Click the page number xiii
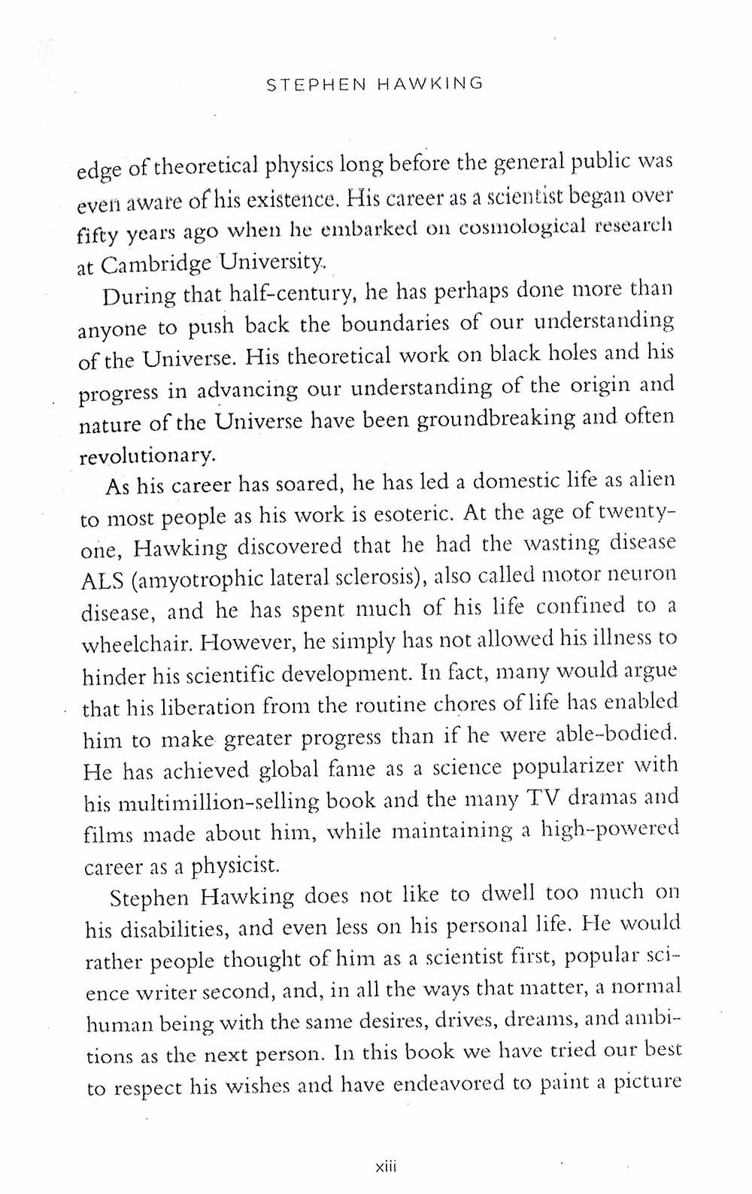pos(385,1167)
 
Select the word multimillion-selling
pos(219,803)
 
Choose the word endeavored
pos(458,1085)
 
